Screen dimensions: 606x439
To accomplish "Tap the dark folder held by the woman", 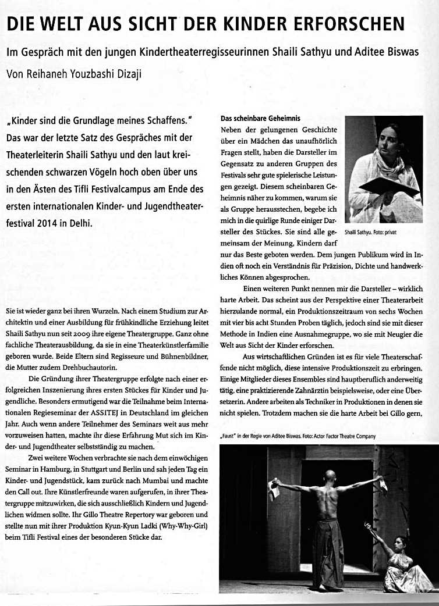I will tap(389, 187).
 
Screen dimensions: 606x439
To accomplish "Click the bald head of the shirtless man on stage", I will tap(331, 476).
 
